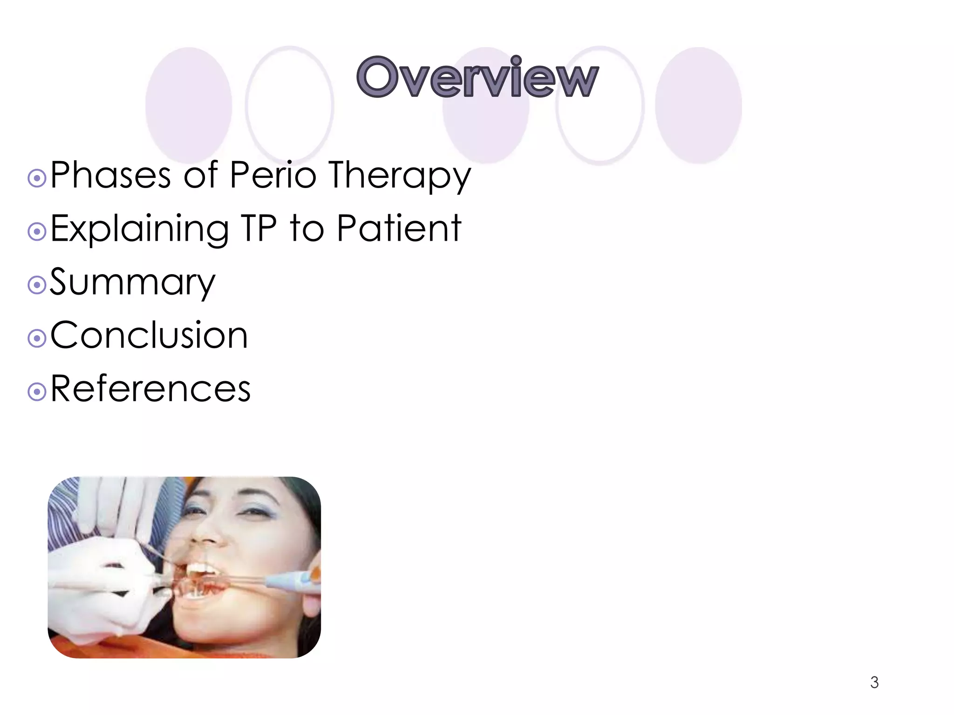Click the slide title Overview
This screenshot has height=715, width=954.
pos(477,78)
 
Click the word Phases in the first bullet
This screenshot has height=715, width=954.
pos(110,175)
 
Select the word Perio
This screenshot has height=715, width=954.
pos(273,175)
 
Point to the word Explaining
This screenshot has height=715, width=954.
pos(140,229)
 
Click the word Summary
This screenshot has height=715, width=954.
pos(132,283)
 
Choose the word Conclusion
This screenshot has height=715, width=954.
pos(149,335)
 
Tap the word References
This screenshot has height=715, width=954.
pos(150,389)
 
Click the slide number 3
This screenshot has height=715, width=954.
pos(874,682)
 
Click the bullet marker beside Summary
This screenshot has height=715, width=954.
pos(37,285)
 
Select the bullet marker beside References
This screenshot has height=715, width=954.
pos(37,391)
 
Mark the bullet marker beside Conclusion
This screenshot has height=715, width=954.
pos(37,338)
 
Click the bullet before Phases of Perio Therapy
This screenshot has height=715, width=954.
pos(37,178)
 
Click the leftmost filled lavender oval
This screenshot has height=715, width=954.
pos(189,105)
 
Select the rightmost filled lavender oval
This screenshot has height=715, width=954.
pos(698,105)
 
